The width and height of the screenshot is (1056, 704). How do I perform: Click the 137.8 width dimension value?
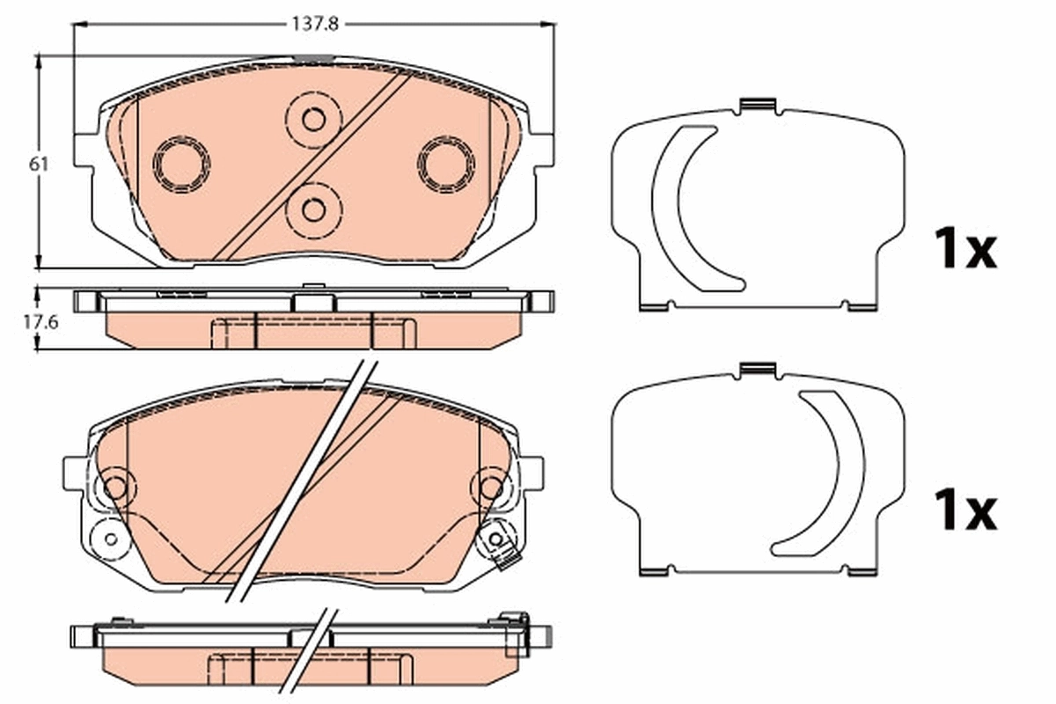click(x=315, y=26)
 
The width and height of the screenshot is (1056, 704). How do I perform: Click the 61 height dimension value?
click(x=37, y=164)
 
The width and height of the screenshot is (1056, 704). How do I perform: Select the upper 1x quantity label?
click(x=964, y=250)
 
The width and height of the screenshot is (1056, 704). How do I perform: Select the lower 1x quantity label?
click(x=964, y=511)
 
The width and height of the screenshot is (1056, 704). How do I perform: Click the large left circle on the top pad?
click(x=181, y=163)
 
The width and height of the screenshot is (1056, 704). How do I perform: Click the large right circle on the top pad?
click(x=446, y=163)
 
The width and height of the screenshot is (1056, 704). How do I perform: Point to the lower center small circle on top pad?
click(x=313, y=209)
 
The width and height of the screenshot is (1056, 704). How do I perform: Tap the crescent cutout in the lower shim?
click(x=823, y=471)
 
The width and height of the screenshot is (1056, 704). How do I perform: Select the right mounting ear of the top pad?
click(x=542, y=149)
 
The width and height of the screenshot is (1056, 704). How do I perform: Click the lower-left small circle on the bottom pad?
click(x=111, y=538)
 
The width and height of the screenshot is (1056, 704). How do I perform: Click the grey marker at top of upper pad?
click(x=313, y=59)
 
